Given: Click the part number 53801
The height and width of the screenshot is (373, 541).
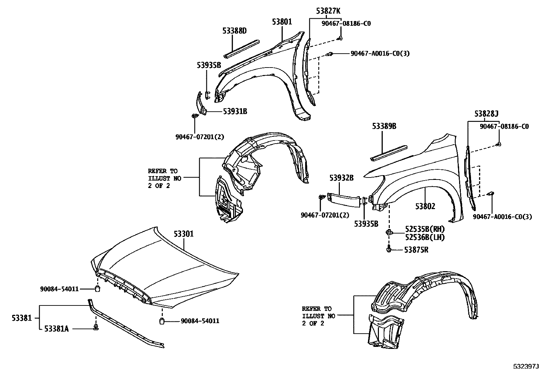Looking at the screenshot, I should coord(282,22).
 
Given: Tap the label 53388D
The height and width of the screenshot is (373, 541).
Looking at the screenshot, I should coord(234,31).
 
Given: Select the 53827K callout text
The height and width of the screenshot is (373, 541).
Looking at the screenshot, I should coord(328,11).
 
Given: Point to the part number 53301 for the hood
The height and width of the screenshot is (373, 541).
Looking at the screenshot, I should coord(184,234).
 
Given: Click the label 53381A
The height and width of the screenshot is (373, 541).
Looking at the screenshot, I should coord(56,329).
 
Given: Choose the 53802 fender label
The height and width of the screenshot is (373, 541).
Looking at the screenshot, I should coord(425,206).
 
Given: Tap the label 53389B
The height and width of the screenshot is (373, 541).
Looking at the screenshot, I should coord(384,126).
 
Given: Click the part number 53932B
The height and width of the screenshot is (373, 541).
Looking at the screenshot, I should coord(341,178).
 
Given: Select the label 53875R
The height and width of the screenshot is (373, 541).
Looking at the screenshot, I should coord(416,250).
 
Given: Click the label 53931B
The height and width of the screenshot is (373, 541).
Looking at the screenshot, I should coord(235,111).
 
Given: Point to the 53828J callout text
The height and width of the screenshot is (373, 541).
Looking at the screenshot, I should coord(487,114).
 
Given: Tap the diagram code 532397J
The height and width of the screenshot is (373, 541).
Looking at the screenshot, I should coord(526,367).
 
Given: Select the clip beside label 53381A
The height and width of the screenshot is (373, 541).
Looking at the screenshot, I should coord(96,328).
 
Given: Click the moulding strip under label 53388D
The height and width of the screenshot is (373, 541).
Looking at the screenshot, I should coord(241,49).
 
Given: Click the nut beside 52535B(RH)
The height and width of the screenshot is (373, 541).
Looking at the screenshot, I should coord(388,233).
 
